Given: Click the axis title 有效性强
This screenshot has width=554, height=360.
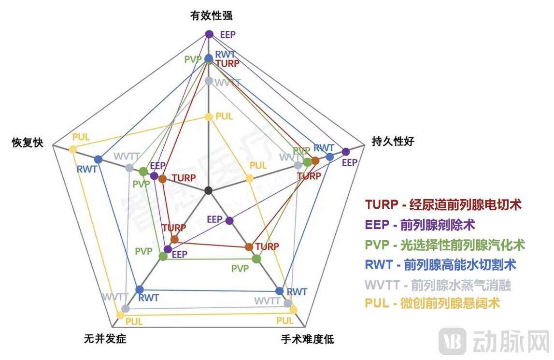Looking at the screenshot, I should pos(211,15).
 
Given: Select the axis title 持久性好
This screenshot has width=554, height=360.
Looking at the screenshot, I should pos(393,141).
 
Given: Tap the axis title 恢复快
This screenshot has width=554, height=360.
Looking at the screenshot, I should pos(28,143).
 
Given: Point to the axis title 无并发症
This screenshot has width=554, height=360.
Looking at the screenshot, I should pos(105,339).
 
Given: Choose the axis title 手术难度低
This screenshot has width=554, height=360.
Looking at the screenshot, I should pos(307,339).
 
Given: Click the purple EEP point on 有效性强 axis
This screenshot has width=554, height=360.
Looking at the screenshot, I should pos(209,34).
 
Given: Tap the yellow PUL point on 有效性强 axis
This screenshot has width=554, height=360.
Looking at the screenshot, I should pos(209,116).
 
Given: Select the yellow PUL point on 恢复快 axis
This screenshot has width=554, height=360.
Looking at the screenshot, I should pos(72,149).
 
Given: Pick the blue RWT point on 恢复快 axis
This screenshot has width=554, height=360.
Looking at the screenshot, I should pos(98,159).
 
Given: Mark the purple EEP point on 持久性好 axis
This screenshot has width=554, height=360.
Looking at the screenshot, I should pos(346,152).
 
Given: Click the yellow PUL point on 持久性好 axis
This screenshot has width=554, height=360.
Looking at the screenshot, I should pos(249,178).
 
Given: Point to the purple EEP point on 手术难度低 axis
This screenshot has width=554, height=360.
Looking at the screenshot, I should pos(229,221).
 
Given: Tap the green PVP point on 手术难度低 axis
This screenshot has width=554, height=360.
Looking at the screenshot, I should pos(256,259).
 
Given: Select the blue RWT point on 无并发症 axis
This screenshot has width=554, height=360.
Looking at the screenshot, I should pos(140,289).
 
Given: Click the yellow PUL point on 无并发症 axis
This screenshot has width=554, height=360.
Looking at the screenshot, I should pos(120,315).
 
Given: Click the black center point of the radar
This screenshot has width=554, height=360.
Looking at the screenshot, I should pos(209,190).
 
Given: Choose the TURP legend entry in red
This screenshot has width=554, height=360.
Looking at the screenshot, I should pos(443,204).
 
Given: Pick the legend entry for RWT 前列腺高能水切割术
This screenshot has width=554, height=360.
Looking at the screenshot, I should pos(440,264).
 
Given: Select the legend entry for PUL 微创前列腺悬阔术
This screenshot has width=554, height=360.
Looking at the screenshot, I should pos(432,303).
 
